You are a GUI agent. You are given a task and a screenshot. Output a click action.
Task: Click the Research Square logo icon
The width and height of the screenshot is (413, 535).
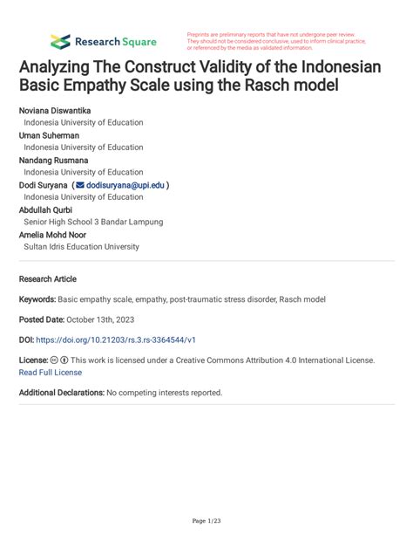pos(60,41)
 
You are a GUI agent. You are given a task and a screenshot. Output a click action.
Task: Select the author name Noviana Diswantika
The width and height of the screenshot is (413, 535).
pos(54,111)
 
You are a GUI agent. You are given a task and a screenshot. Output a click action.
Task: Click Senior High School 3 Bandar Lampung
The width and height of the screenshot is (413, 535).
pos(93,222)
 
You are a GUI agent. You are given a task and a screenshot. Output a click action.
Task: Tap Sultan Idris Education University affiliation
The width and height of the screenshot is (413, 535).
pos(81,247)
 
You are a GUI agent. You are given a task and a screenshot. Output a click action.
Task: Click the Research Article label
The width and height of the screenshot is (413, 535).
pos(47,279)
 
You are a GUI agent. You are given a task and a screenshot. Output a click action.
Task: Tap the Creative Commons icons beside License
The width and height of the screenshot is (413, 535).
pos(59,360)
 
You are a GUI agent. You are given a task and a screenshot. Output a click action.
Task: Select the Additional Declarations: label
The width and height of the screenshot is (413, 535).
pos(61,393)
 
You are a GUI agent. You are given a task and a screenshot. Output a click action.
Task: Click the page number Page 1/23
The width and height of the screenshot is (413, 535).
pos(206,521)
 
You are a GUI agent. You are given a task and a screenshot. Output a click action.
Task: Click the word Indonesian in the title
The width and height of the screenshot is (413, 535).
pos(336,65)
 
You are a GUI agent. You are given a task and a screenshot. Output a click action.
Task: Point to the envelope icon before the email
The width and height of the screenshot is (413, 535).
pos(80,185)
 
